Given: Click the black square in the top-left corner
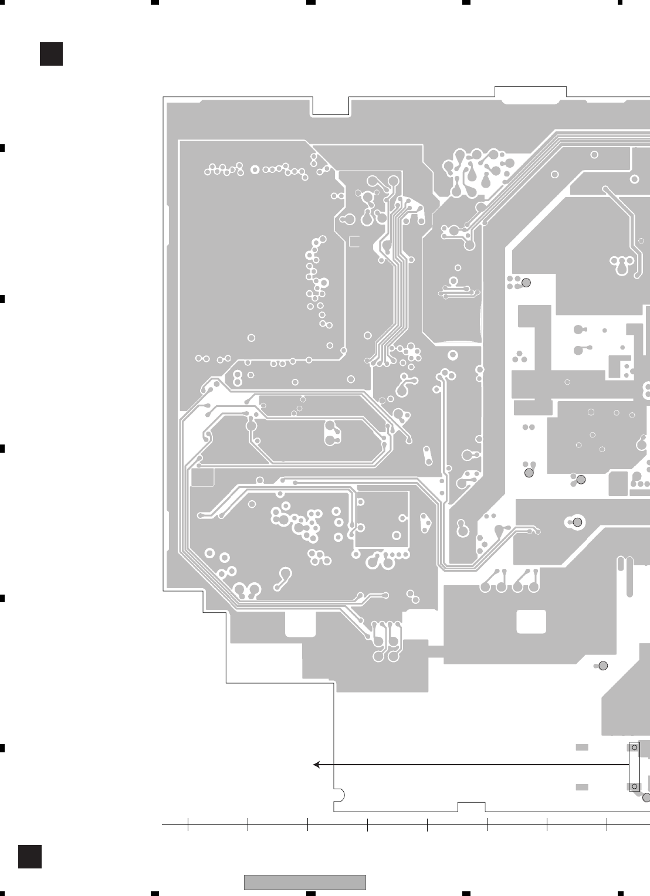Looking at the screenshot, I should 51,54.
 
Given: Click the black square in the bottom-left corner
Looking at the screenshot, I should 29,856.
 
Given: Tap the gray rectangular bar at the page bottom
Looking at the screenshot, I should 304,882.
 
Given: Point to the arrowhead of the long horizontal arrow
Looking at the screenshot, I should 316,765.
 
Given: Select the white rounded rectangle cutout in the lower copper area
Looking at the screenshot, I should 531,622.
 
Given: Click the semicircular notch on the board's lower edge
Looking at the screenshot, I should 338,795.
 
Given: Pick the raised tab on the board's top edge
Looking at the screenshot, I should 530,91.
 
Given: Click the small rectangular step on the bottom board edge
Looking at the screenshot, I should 472,806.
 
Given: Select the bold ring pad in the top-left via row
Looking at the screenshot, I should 255,169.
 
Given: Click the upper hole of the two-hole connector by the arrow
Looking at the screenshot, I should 634,748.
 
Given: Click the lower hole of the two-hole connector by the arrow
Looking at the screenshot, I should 634,786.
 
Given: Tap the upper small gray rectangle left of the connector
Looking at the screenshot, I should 581,748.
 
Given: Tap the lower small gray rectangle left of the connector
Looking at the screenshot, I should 581,787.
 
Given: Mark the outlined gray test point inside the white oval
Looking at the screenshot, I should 577,522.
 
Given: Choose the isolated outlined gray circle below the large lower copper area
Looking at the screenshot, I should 602,666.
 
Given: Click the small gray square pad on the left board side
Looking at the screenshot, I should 203,477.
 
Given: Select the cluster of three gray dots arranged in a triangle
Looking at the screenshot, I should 519,357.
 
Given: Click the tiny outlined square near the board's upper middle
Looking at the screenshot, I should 354,241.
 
